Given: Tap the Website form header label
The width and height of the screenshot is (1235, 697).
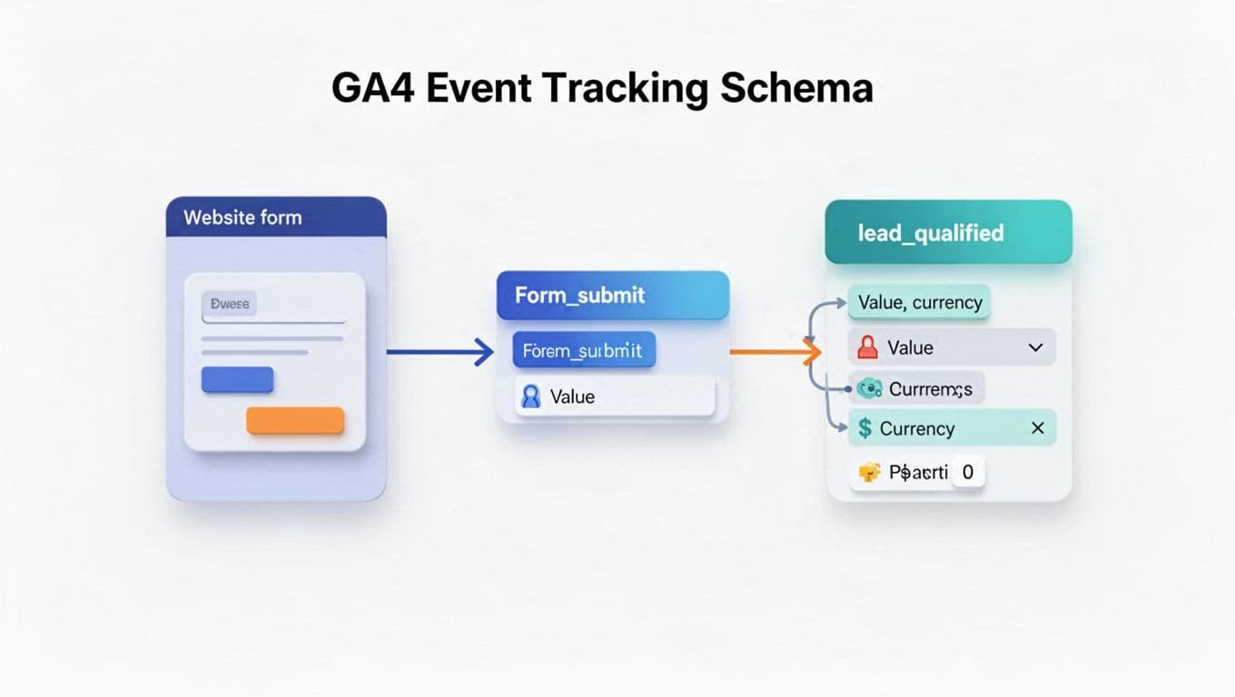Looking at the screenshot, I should [x=242, y=218].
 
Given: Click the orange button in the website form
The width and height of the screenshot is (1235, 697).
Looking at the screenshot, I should [x=295, y=420].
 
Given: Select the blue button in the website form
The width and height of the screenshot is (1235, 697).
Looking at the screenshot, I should [x=237, y=379].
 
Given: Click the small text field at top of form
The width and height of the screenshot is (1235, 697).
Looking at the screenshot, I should [x=229, y=304].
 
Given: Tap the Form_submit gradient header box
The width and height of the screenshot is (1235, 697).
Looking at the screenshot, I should [x=612, y=295].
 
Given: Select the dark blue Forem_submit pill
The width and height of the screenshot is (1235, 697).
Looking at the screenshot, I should [x=583, y=350].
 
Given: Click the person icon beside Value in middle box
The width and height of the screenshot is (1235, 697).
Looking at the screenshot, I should [x=530, y=397].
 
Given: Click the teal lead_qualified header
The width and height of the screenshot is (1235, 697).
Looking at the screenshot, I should [x=948, y=233].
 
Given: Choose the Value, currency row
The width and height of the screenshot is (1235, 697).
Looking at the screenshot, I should [x=919, y=303].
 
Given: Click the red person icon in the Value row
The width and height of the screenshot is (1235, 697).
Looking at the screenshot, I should [x=867, y=348].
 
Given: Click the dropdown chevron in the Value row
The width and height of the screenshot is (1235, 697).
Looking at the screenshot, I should [x=1035, y=348].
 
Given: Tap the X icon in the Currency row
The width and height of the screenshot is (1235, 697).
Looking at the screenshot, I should [x=1038, y=428].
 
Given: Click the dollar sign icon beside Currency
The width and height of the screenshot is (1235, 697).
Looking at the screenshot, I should [x=864, y=428].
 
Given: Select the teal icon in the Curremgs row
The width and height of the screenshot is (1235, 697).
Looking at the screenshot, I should [x=869, y=389].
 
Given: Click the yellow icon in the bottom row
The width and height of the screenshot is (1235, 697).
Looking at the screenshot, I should [x=869, y=473].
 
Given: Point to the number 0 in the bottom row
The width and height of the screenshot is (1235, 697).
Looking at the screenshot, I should [x=968, y=473].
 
